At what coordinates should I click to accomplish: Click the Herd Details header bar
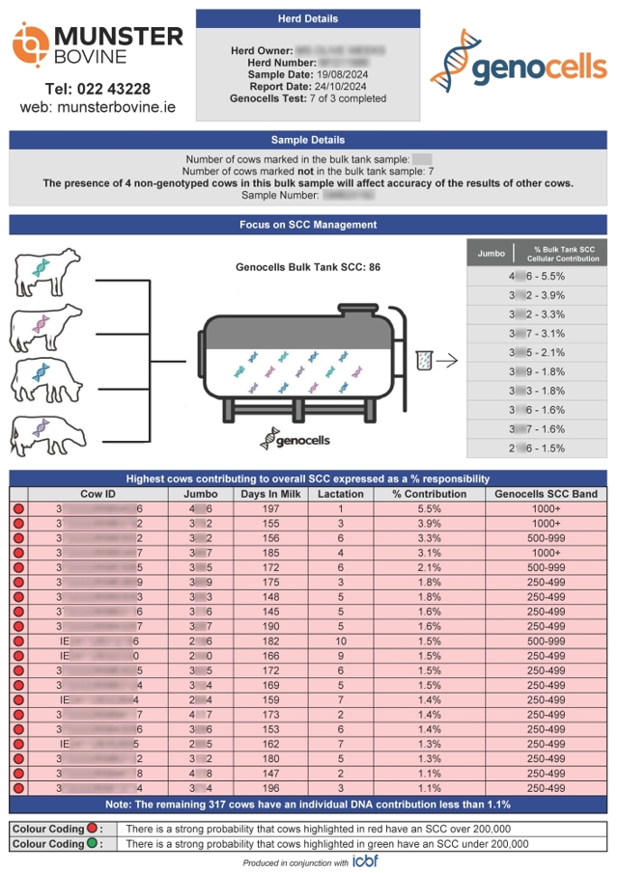(308, 18)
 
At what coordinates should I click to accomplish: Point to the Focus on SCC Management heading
(308, 225)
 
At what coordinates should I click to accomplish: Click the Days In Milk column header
(270, 494)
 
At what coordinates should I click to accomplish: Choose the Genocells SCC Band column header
(546, 494)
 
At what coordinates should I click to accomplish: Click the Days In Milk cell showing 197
(270, 508)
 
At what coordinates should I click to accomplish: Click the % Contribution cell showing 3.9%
(416, 523)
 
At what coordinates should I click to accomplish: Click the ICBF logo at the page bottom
(365, 861)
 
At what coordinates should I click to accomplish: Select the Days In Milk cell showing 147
(270, 773)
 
